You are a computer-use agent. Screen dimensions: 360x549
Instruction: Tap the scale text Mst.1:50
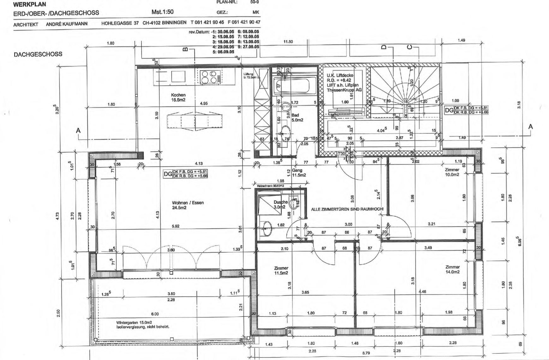162,12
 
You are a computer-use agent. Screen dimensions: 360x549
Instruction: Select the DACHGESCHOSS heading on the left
38,54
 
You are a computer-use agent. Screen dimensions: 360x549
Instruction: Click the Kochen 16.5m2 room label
178,97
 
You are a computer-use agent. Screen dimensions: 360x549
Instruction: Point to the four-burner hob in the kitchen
211,77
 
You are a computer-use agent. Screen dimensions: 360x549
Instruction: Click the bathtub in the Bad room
295,85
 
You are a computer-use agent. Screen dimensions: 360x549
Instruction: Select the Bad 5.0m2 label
297,118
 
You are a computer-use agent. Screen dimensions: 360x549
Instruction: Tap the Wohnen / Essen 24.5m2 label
188,205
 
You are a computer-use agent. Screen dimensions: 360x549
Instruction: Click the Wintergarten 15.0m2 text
134,322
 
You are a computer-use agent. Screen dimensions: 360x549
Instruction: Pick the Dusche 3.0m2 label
280,204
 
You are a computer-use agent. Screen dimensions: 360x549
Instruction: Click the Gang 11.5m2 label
299,173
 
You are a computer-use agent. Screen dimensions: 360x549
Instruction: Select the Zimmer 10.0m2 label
452,172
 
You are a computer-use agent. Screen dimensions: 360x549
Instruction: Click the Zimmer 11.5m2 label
281,270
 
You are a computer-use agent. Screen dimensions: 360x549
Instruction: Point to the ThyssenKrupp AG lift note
344,90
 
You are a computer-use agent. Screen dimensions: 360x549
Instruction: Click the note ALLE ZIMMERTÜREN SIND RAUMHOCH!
347,209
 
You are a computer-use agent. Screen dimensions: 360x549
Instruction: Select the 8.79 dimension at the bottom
366,353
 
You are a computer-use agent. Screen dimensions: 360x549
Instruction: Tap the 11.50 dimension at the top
288,42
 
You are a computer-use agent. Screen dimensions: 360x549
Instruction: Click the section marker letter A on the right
530,127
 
